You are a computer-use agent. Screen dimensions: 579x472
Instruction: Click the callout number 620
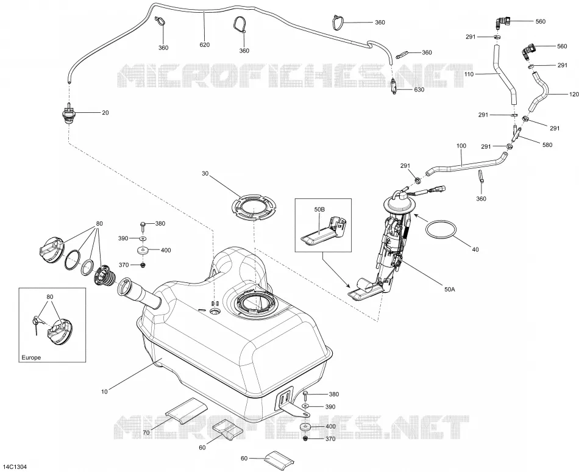[x=204, y=45]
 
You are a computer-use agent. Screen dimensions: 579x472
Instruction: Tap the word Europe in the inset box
[x=31, y=357]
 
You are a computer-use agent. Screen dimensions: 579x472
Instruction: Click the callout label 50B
[x=319, y=209]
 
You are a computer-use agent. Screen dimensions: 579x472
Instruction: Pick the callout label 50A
[x=449, y=290]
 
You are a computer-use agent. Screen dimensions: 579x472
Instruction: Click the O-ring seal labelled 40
[x=441, y=230]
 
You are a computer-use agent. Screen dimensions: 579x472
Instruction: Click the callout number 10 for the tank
[x=104, y=392]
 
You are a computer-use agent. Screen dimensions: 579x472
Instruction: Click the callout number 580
[x=547, y=145]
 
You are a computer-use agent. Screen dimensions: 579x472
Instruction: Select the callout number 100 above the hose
[x=461, y=146]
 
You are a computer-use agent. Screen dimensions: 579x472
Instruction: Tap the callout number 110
[x=469, y=74]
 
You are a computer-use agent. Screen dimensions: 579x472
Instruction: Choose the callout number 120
[x=574, y=95]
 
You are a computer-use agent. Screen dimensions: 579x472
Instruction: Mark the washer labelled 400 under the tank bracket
[x=305, y=427]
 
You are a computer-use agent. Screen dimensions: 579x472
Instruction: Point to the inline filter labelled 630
[x=394, y=87]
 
